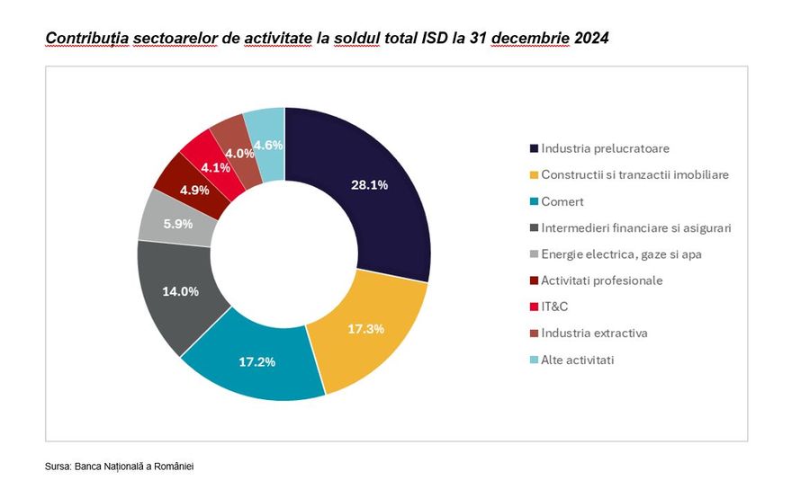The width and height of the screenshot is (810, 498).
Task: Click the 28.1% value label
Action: pos(369,185)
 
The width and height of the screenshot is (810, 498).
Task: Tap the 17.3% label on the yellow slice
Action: pos(365,329)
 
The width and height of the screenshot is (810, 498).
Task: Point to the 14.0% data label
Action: pos(182,292)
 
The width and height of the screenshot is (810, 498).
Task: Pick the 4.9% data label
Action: pos(195,190)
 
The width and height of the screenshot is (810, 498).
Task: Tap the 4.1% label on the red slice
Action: pos(216,167)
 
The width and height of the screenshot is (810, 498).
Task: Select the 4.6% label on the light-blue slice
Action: pos(269,146)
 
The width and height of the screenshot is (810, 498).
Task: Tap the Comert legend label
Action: pos(562,201)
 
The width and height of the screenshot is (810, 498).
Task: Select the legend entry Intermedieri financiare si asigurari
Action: pos(635,227)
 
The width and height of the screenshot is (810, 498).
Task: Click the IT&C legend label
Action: pos(555,307)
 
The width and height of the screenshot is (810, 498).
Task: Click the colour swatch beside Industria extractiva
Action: pos(534,333)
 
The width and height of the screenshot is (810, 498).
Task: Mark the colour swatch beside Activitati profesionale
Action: pos(534,280)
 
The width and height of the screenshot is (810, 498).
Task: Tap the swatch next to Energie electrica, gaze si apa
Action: pos(534,254)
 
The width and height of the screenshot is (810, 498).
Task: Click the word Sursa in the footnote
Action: pos(58,467)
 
